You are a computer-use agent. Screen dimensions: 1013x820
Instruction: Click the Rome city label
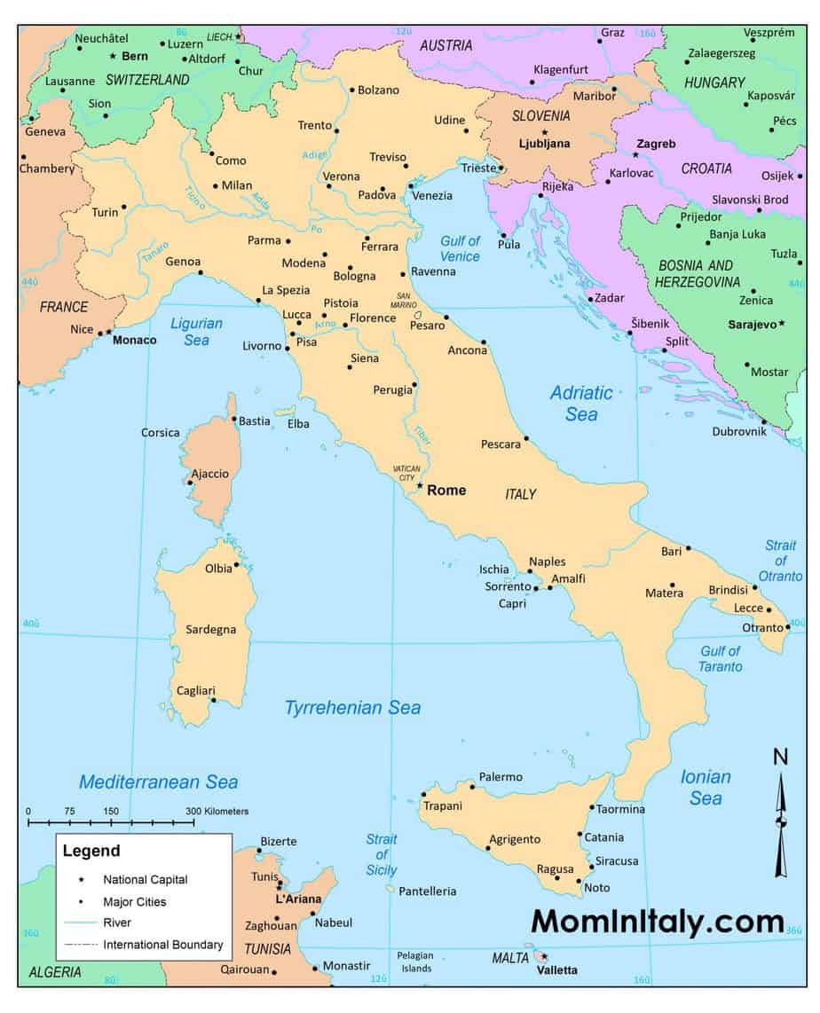pyautogui.click(x=446, y=490)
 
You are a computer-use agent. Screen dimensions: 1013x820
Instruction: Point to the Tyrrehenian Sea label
pyautogui.click(x=352, y=708)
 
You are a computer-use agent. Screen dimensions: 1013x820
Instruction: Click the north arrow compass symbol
pyautogui.click(x=781, y=821)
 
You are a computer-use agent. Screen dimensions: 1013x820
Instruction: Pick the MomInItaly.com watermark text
pyautogui.click(x=658, y=922)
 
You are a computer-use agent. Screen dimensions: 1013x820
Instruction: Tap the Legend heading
pyautogui.click(x=91, y=851)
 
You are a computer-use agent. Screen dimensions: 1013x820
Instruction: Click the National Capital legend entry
pyautogui.click(x=145, y=880)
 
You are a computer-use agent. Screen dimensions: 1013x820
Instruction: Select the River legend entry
pyautogui.click(x=117, y=923)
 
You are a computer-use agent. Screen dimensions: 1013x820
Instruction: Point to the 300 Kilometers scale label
pyautogui.click(x=217, y=812)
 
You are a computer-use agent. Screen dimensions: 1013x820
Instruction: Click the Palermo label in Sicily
pyautogui.click(x=501, y=777)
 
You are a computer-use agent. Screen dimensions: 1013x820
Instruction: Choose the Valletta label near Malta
pyautogui.click(x=557, y=970)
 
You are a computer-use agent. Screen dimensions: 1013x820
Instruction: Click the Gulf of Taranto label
pyautogui.click(x=720, y=658)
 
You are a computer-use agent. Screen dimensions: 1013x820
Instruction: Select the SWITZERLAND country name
pyautogui.click(x=147, y=80)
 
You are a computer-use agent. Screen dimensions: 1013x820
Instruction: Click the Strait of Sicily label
pyautogui.click(x=382, y=854)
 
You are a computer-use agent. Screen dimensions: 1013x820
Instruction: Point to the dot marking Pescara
pyautogui.click(x=526, y=438)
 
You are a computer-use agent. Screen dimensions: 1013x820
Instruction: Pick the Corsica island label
pyautogui.click(x=161, y=433)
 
